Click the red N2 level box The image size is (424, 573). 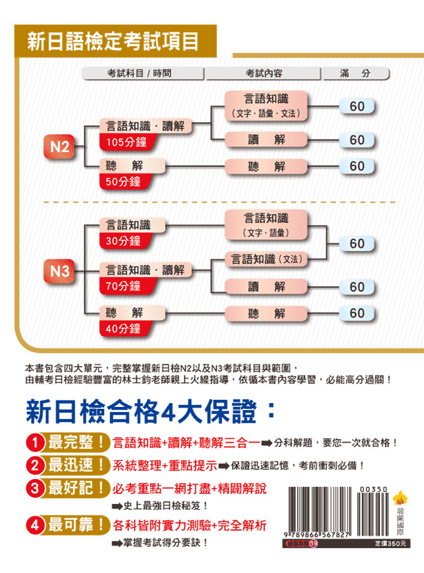pyautogui.click(x=59, y=147)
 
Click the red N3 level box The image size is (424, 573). pyautogui.click(x=59, y=272)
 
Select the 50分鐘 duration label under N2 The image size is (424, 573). pyautogui.click(x=122, y=181)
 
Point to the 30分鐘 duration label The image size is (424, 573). pyautogui.click(x=122, y=241)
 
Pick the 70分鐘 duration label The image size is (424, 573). pyautogui.click(x=122, y=286)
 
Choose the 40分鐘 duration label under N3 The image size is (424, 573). pyautogui.click(x=122, y=328)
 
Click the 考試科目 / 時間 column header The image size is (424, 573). pyautogui.click(x=143, y=73)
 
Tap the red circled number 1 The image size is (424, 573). pyautogui.click(x=34, y=441)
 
